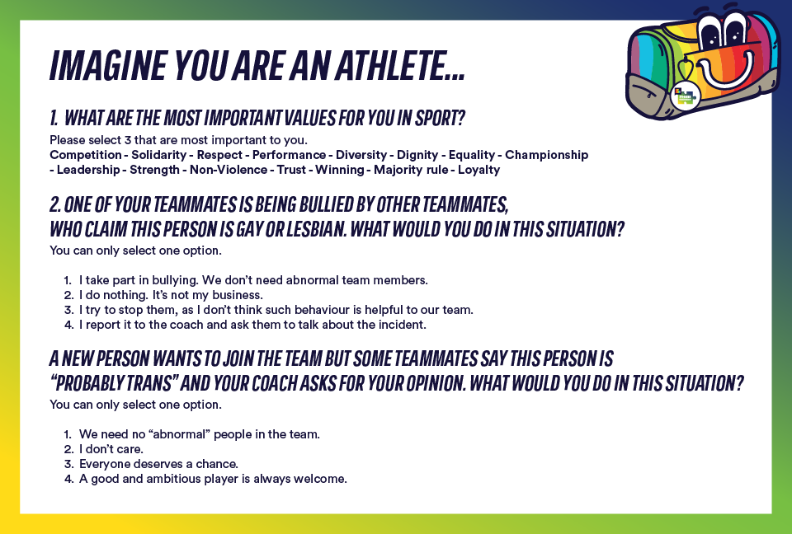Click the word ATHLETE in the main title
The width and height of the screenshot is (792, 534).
(x=400, y=66)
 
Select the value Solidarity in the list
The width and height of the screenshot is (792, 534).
(x=159, y=155)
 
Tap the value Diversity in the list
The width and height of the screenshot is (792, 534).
(x=361, y=155)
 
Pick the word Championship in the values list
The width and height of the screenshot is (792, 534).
(x=546, y=155)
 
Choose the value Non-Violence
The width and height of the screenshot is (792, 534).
(x=229, y=170)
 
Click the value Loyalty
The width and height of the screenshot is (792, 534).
(x=478, y=170)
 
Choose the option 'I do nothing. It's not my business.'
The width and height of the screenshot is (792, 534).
(x=171, y=295)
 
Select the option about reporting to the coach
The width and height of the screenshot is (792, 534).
(x=252, y=325)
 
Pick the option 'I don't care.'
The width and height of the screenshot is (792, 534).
(x=111, y=449)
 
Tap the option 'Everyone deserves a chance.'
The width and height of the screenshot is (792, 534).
(x=158, y=464)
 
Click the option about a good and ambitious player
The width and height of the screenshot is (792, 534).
(x=213, y=479)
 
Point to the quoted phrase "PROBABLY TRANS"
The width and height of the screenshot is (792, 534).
(x=113, y=383)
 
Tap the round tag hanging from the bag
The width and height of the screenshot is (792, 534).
(x=685, y=95)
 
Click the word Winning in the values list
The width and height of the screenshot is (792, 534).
(x=339, y=170)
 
